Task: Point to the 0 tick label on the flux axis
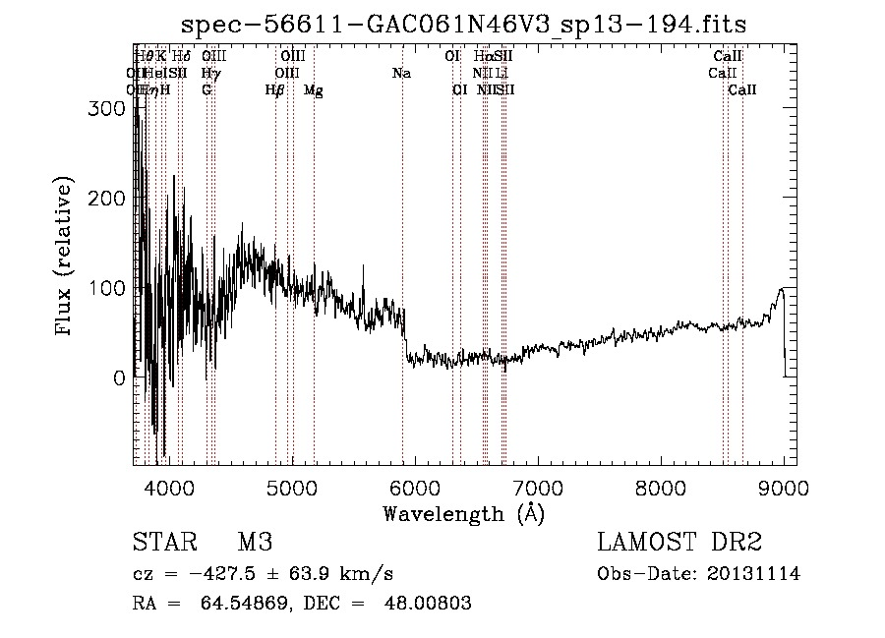tap(120, 378)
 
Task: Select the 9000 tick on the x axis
tap(784, 488)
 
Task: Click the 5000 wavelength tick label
tap(291, 488)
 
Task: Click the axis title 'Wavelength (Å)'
tap(463, 513)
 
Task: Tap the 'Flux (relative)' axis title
tap(66, 259)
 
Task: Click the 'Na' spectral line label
tap(401, 74)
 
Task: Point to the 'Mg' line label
tap(313, 90)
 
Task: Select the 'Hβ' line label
tap(274, 90)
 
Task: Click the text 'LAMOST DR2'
tap(678, 544)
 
